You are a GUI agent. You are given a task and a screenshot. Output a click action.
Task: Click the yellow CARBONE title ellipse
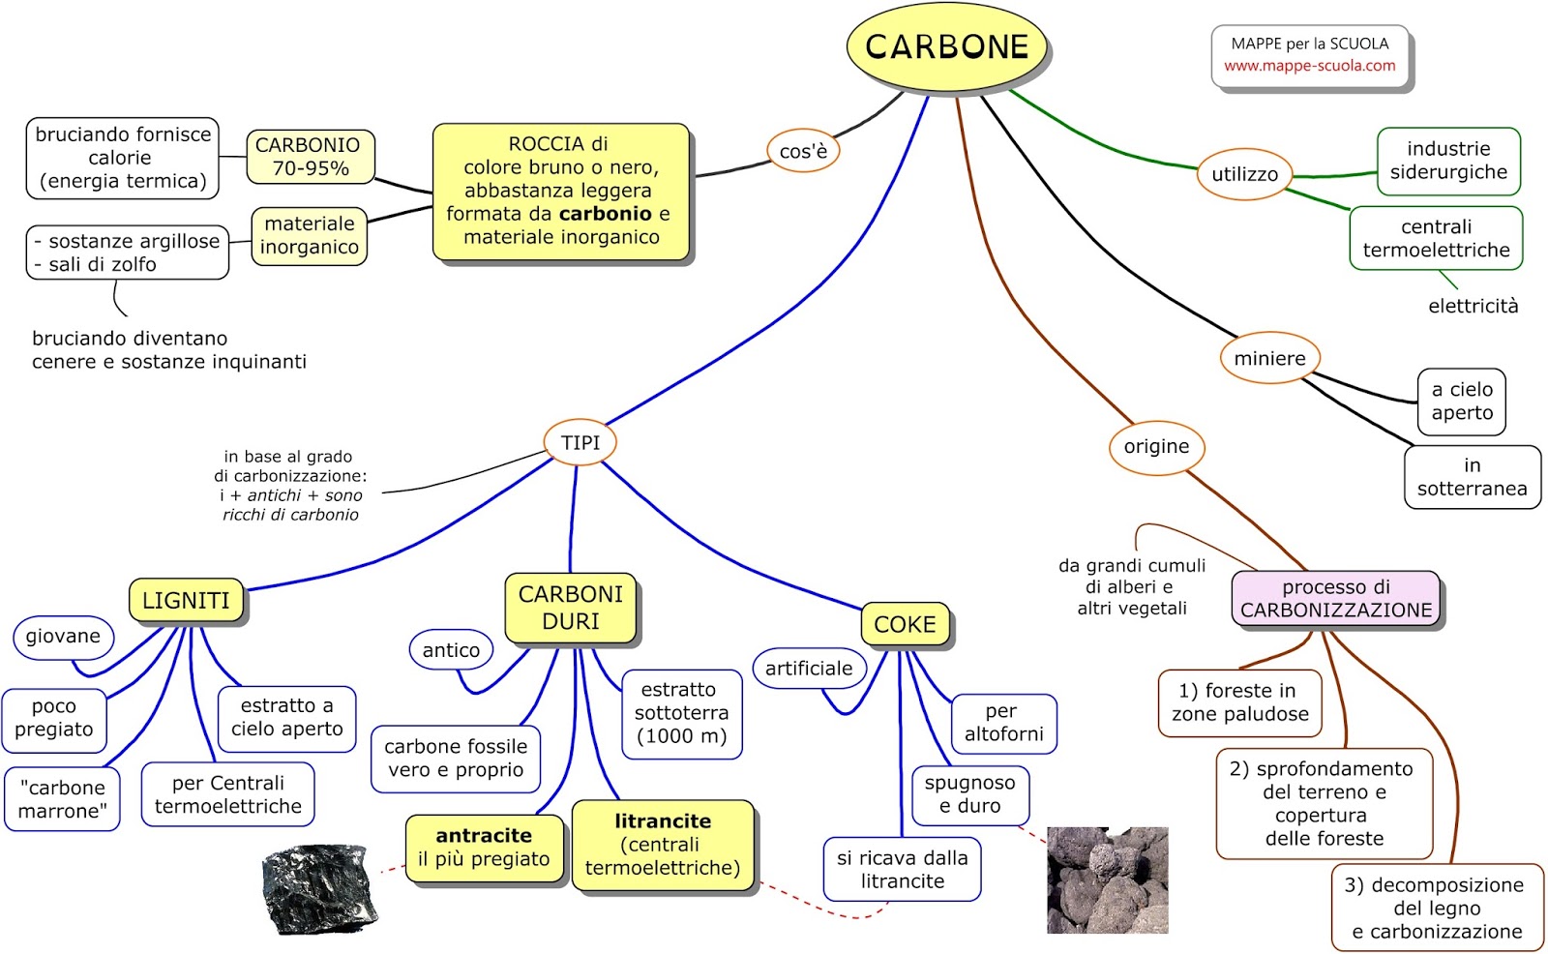click(x=946, y=46)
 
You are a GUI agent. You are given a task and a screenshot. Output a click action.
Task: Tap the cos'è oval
click(x=803, y=151)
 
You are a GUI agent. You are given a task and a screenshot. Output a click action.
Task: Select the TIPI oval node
click(x=580, y=442)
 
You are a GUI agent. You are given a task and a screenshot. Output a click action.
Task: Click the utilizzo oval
click(x=1244, y=174)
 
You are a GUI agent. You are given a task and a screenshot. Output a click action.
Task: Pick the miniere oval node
click(x=1269, y=358)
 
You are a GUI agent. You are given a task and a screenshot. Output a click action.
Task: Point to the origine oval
click(x=1156, y=446)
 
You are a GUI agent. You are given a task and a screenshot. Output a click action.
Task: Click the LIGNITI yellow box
click(x=187, y=600)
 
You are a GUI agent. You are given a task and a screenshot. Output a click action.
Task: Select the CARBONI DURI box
click(x=571, y=608)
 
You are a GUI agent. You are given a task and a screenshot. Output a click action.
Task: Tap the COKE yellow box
click(x=905, y=624)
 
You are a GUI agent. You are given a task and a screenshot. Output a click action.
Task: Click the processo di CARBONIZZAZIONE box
click(x=1336, y=599)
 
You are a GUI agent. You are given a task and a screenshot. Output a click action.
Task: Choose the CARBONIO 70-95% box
click(x=310, y=157)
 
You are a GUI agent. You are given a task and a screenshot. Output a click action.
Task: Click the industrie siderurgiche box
click(x=1448, y=161)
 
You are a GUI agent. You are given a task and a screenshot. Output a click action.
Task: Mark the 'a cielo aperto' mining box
click(x=1462, y=402)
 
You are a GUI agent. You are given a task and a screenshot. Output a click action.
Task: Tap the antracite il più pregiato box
click(x=484, y=848)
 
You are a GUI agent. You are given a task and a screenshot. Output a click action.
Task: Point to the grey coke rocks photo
click(x=1107, y=879)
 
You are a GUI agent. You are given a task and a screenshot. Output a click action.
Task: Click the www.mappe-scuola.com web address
click(x=1309, y=66)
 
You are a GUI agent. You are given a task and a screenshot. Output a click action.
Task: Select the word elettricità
click(x=1473, y=306)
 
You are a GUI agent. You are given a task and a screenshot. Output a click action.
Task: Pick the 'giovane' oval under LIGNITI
click(x=63, y=637)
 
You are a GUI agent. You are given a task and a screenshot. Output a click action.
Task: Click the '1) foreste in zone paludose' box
click(x=1239, y=703)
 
